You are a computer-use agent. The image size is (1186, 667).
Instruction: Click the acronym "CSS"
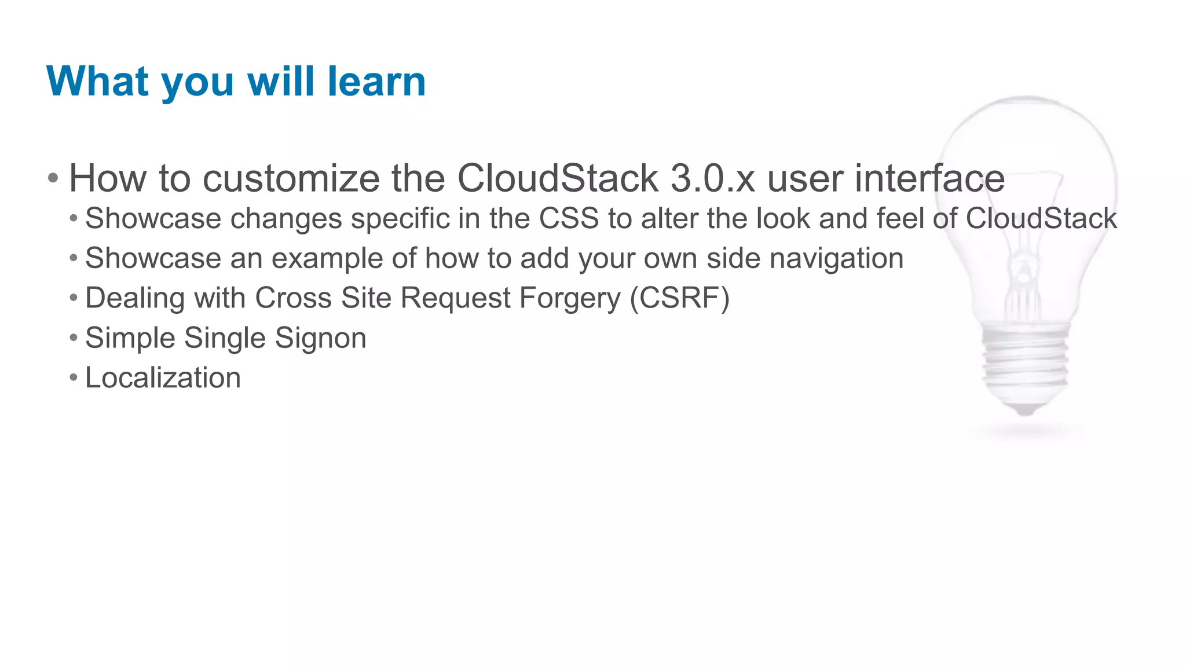point(569,219)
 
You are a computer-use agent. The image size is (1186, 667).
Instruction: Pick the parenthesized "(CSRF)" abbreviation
point(680,298)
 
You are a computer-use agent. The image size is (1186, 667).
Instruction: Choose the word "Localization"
point(163,378)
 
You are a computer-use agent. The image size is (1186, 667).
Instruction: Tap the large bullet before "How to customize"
point(53,178)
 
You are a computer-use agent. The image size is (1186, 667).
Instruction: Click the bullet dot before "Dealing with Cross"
point(73,298)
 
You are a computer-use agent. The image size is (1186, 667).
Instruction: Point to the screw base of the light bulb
point(1025,359)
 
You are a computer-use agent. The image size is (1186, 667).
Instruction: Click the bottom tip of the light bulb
point(1025,412)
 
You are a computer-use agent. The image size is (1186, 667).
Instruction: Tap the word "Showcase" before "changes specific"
point(153,219)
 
